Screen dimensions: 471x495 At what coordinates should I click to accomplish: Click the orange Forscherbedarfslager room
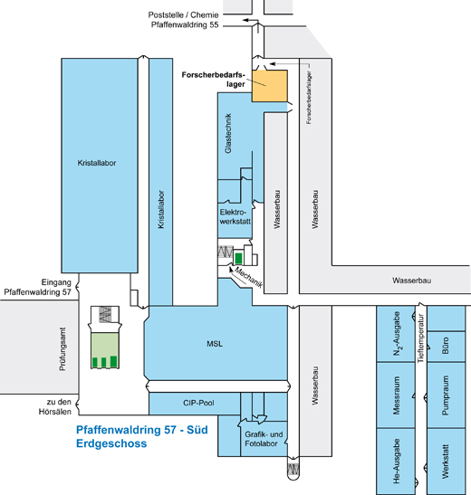click(269, 86)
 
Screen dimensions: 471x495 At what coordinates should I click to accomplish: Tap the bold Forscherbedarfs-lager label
click(214, 80)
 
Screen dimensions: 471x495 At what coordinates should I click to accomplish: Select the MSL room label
click(215, 344)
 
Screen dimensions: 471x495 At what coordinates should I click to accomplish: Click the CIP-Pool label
click(198, 403)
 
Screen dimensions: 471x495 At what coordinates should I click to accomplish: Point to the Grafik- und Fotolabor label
click(264, 439)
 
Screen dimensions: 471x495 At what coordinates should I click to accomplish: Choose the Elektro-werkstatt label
click(235, 216)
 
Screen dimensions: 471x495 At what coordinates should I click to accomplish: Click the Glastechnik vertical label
click(228, 133)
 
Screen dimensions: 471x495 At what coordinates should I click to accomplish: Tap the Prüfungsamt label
click(62, 348)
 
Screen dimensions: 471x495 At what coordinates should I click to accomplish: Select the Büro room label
click(446, 346)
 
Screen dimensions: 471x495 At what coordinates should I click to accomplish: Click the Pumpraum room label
click(446, 395)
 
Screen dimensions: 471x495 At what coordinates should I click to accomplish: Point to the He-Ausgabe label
click(397, 461)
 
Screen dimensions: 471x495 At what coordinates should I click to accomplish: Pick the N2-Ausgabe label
click(397, 334)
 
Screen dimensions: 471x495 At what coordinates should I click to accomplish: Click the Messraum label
click(397, 395)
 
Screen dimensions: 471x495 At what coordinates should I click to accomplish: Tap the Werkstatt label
click(446, 462)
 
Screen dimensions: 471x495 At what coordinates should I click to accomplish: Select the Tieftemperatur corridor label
click(421, 338)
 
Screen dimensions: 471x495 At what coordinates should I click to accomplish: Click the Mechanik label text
click(249, 278)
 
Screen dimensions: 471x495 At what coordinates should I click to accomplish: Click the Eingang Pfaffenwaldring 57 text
click(38, 287)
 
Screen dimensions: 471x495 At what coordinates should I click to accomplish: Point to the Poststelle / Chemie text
click(183, 14)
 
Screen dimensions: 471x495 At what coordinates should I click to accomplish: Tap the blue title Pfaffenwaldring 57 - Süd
click(142, 430)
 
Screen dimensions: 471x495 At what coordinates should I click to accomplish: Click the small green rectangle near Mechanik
click(238, 258)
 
